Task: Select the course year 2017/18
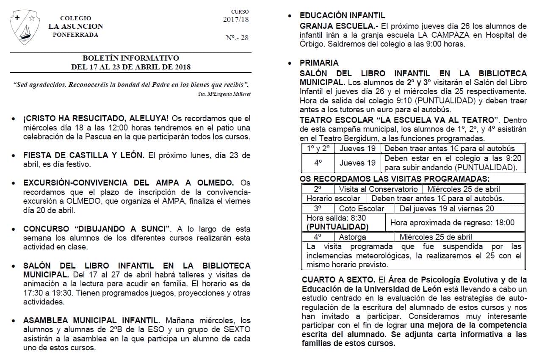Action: coord(236,19)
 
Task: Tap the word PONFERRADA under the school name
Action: coord(75,35)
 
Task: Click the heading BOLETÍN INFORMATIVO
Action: coord(131,58)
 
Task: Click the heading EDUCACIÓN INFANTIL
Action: coord(342,16)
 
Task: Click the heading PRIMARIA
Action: coord(319,63)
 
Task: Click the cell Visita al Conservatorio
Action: coord(378,189)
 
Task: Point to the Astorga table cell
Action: coord(352,237)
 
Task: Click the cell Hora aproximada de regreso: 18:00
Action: coord(452,222)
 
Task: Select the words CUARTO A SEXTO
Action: coord(338,280)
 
